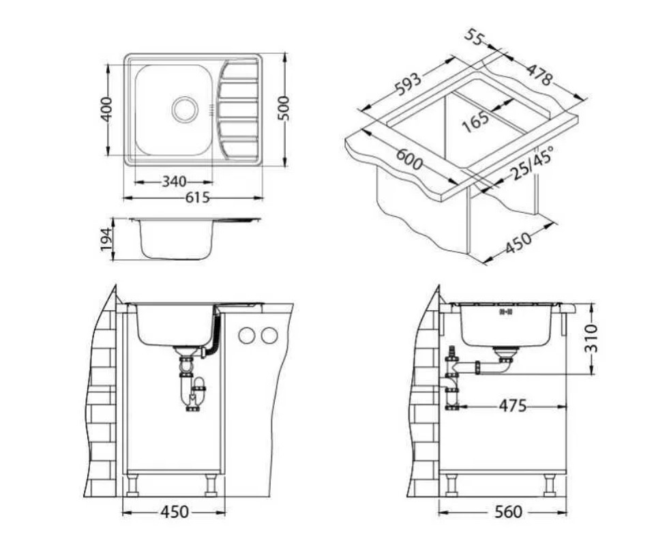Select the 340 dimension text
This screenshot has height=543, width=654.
pos(175,181)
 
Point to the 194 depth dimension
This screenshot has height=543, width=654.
pos(107,239)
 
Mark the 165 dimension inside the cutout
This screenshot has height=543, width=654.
pos(475,120)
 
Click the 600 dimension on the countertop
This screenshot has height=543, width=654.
pos(409,161)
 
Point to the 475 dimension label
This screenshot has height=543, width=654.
pos(512,406)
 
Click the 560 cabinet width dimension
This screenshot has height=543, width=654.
pos(508,512)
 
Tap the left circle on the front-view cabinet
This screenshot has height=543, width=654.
pos(247,335)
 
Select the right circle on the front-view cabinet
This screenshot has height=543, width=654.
pos(270,335)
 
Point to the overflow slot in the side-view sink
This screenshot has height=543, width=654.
pos(505,312)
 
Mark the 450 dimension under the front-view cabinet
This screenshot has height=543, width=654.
pos(175,512)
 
